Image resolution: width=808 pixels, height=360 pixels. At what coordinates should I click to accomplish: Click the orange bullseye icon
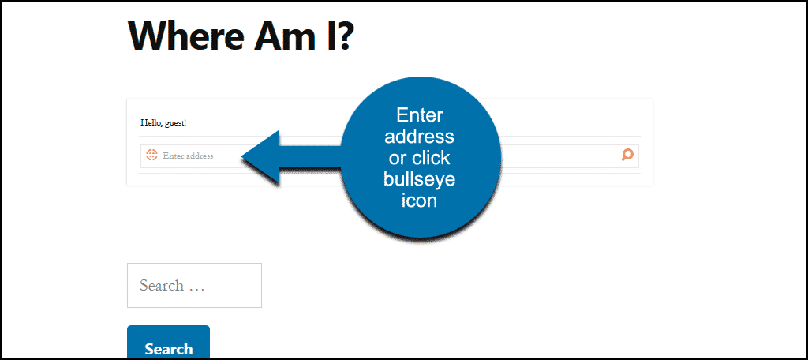(x=151, y=155)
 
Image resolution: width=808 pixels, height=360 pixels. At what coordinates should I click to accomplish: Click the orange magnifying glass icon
(x=627, y=155)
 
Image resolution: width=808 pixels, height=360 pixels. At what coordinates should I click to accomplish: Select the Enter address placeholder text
(x=188, y=156)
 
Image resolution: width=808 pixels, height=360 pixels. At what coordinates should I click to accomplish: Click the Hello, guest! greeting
(x=163, y=123)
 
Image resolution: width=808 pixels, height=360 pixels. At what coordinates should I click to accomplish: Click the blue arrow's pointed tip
(x=242, y=157)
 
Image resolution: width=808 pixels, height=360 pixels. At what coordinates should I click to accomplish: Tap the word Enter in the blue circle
(x=420, y=115)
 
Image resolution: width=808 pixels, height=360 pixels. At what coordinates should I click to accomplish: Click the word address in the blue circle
(x=420, y=137)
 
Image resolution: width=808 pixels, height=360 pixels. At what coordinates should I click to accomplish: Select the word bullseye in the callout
(x=420, y=179)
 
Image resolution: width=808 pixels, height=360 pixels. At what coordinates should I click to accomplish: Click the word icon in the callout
(x=420, y=201)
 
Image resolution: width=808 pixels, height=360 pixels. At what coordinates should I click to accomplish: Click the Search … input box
(x=194, y=285)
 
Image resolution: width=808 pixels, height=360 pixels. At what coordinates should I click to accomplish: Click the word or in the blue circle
(x=398, y=159)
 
